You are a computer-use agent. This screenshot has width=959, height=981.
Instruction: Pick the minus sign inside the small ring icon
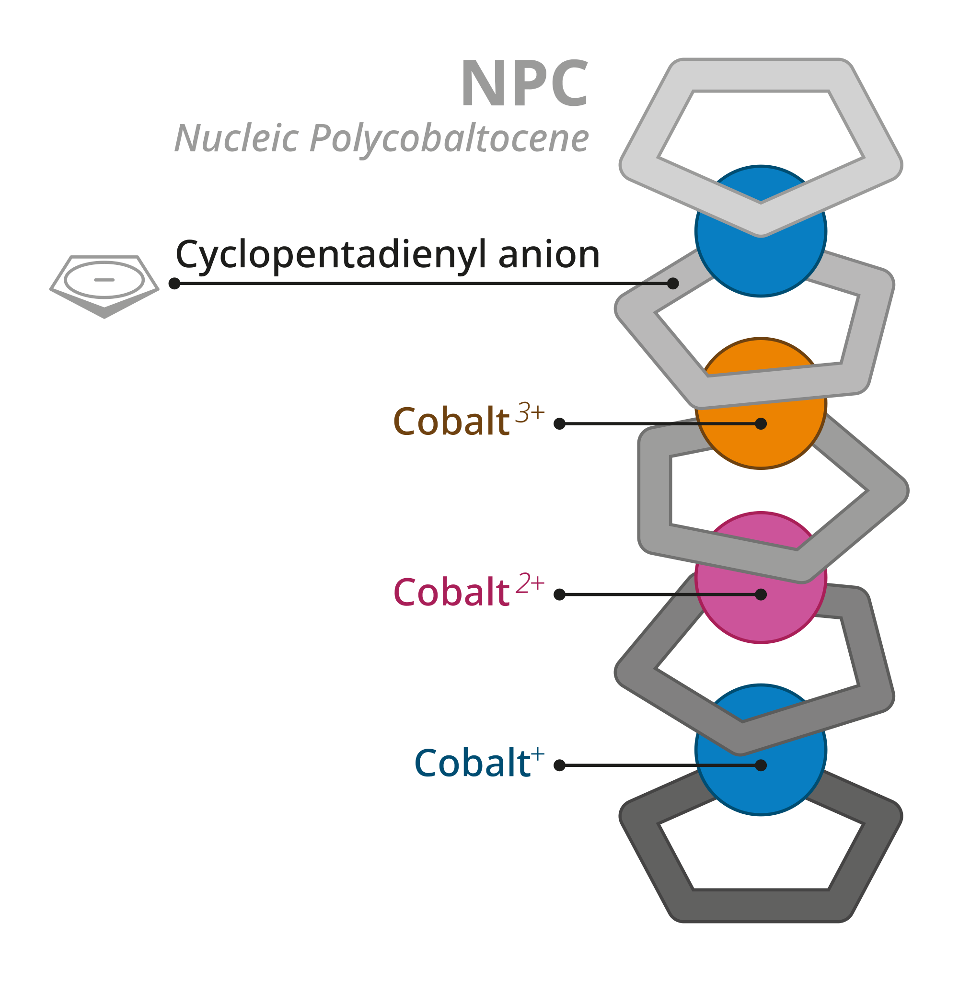[104, 280]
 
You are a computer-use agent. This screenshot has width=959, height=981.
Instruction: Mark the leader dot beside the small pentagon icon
[175, 284]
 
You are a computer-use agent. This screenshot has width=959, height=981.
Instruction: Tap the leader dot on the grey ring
[673, 284]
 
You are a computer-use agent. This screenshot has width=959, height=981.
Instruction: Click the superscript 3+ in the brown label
[530, 413]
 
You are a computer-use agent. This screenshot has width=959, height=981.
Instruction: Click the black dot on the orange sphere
[761, 424]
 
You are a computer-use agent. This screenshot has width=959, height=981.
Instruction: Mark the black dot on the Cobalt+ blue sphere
[761, 765]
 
